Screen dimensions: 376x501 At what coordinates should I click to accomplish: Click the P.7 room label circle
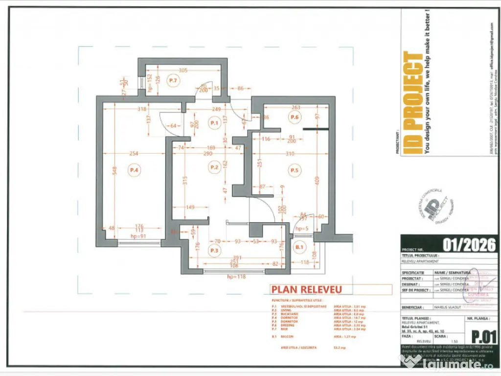[172, 80]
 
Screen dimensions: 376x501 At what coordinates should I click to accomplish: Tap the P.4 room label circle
[134, 170]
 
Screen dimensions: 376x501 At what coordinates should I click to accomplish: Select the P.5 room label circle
[294, 170]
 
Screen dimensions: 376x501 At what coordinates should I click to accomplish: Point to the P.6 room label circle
[294, 117]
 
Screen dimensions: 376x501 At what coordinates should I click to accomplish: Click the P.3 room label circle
[214, 251]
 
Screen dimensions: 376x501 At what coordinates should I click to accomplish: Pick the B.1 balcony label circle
[299, 248]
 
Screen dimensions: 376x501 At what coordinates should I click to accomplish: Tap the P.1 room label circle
[213, 122]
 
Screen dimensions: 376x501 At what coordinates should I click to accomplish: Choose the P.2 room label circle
[214, 167]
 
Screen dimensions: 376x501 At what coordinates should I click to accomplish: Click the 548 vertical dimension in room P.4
[114, 170]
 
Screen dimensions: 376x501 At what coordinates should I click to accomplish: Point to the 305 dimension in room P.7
[183, 70]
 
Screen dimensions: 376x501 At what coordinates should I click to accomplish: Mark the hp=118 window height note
[236, 277]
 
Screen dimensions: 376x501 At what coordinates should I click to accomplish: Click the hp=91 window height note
[139, 236]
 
